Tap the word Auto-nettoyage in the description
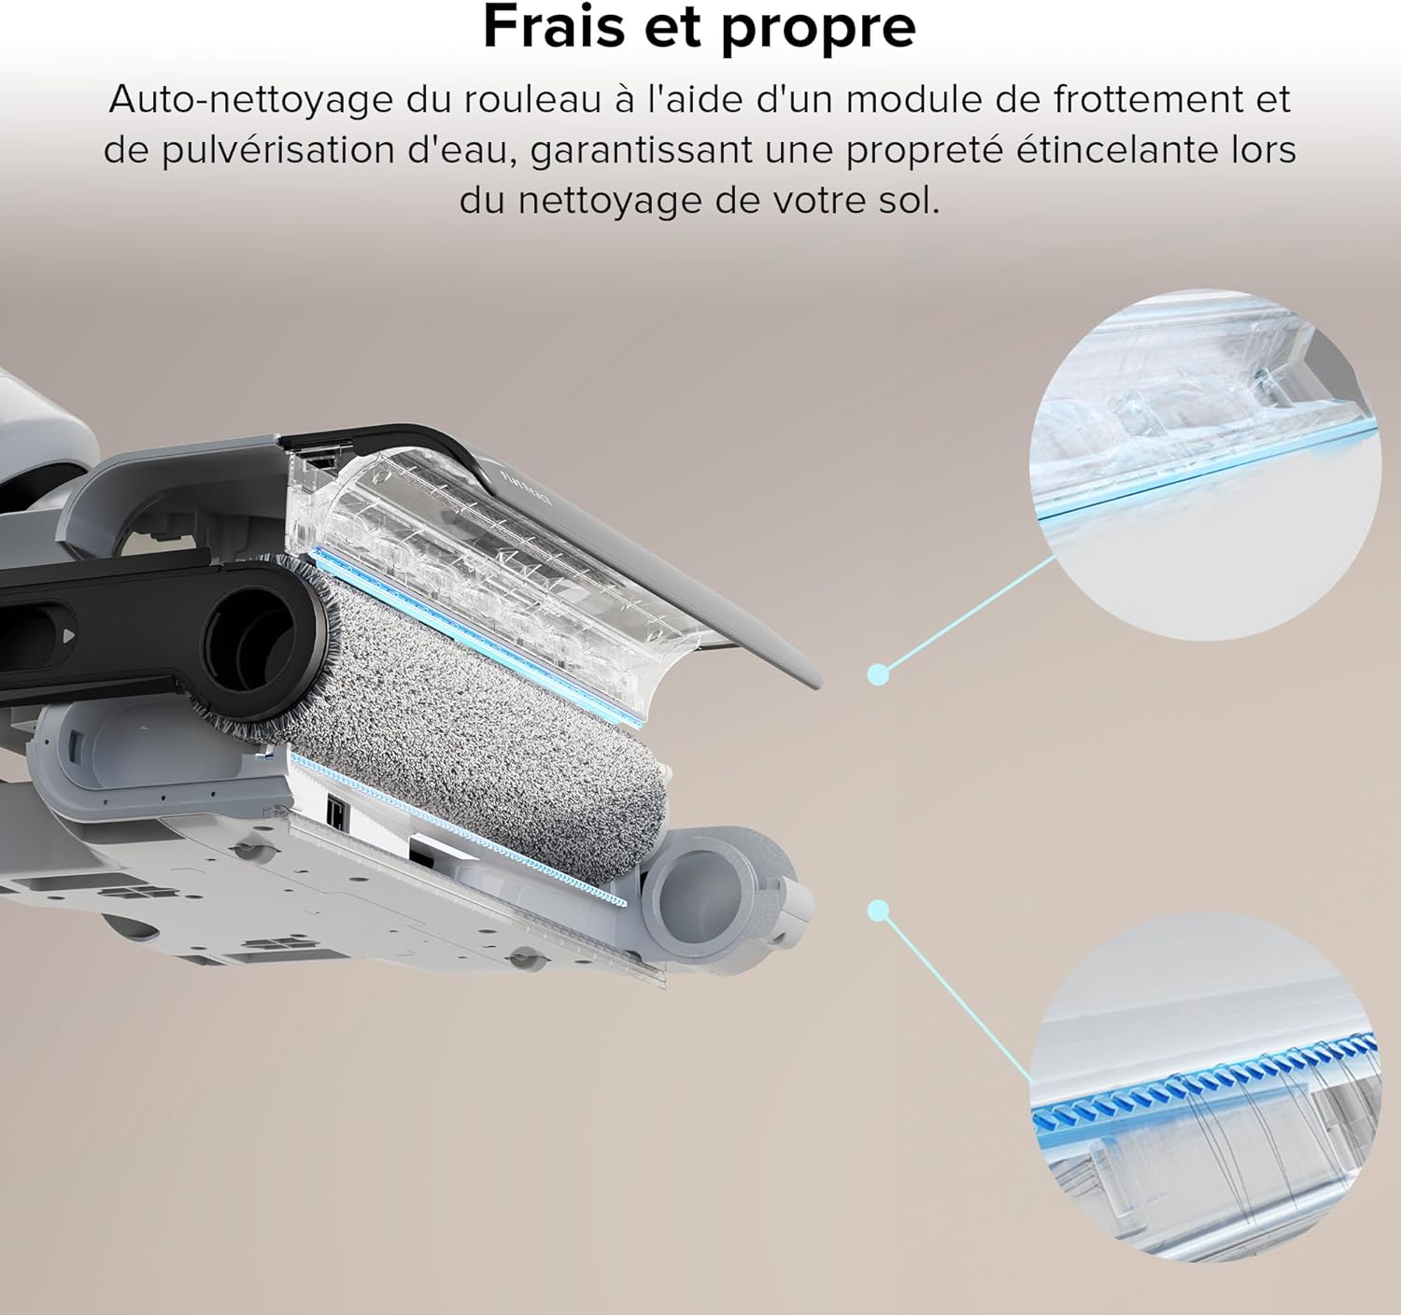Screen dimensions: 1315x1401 tap(250, 100)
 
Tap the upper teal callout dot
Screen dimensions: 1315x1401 tap(877, 673)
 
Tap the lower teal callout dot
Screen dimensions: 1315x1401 tap(877, 909)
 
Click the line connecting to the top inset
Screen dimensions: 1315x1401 tap(967, 614)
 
